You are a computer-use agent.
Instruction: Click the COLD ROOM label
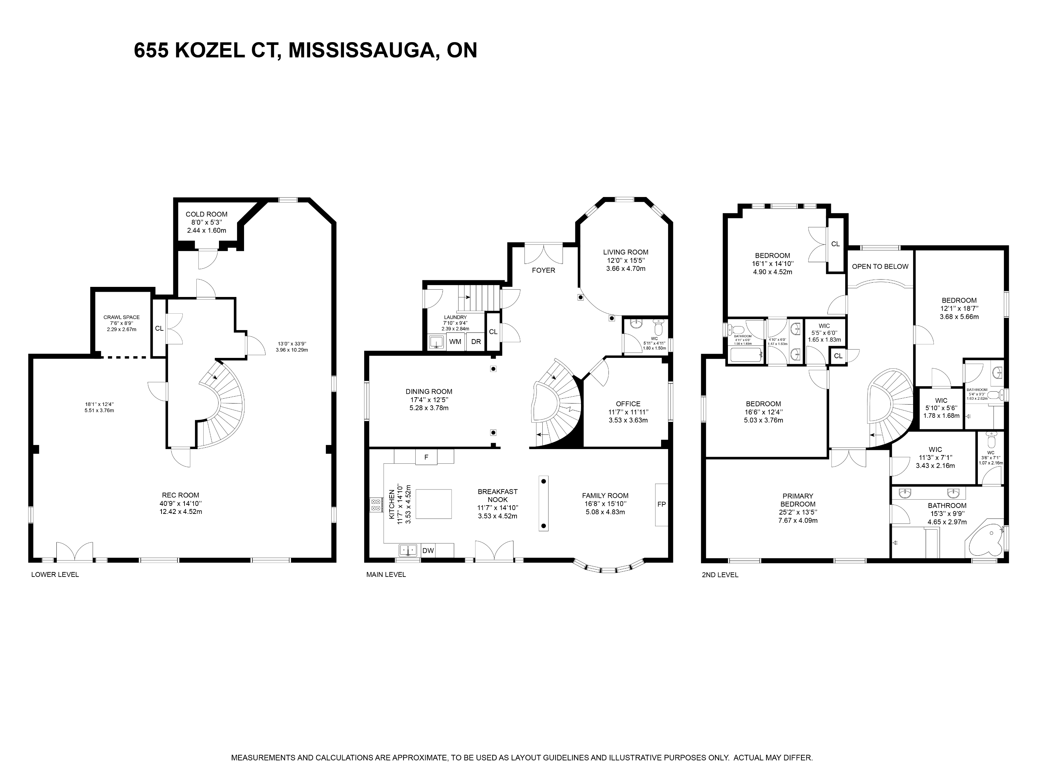tap(206, 214)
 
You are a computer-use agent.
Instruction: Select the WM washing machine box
tap(455, 342)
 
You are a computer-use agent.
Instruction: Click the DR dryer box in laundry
tap(476, 342)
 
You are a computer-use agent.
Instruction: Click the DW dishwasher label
tap(428, 550)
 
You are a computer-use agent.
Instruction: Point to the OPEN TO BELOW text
tap(880, 266)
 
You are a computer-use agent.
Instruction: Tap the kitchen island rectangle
tap(433, 504)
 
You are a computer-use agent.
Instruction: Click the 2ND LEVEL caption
tap(720, 575)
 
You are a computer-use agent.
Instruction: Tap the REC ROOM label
tap(180, 495)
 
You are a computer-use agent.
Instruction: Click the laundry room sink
tap(437, 342)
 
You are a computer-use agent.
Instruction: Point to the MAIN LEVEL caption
tap(386, 574)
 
